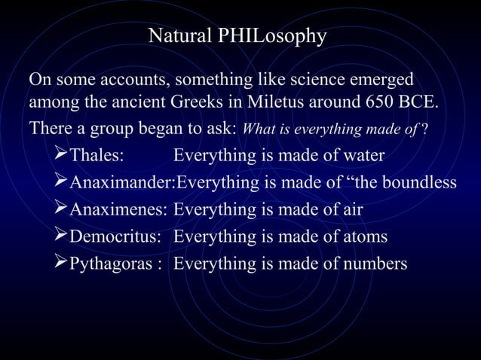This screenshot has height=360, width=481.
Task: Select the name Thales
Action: pyautogui.click(x=97, y=156)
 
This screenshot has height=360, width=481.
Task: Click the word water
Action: pyautogui.click(x=362, y=156)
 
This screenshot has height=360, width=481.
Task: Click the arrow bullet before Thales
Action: pyautogui.click(x=61, y=156)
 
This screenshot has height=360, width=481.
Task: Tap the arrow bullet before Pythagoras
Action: pyautogui.click(x=61, y=264)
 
